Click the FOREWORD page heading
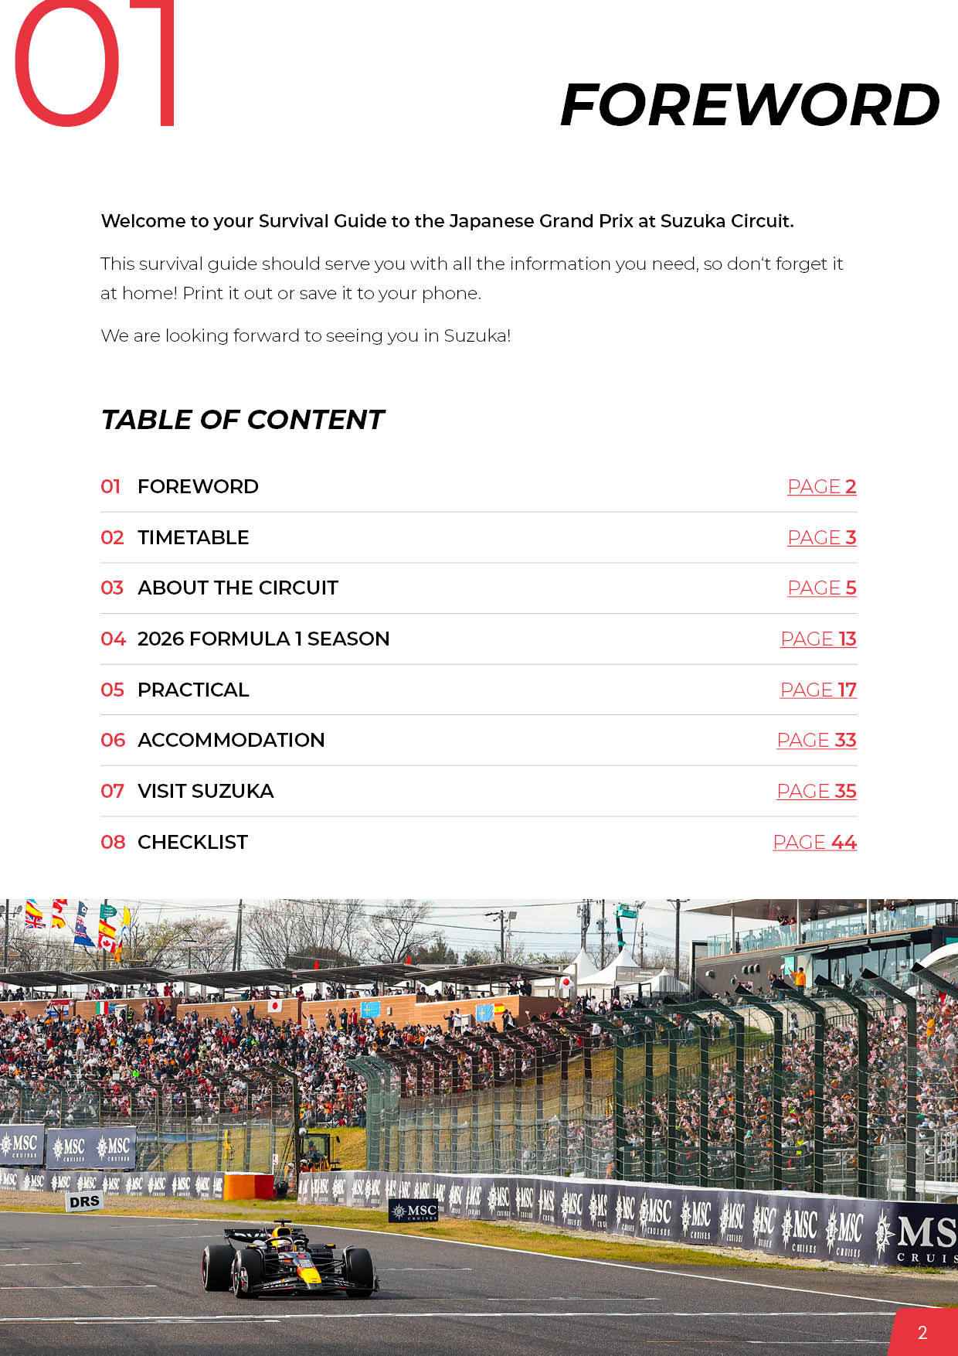point(749,105)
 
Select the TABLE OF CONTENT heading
point(243,420)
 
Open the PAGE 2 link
point(821,487)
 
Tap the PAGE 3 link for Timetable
point(821,538)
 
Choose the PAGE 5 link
point(821,588)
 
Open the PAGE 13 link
point(818,639)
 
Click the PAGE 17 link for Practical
point(818,690)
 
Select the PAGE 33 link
point(817,741)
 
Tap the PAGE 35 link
point(817,792)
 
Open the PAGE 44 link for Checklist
point(814,843)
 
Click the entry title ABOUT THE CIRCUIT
point(238,588)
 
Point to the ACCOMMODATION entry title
point(231,741)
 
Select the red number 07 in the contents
point(112,792)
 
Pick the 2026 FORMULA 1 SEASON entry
point(263,639)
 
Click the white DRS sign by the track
point(85,1201)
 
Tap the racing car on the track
point(290,1260)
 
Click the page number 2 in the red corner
point(922,1332)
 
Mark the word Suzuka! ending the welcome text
point(477,336)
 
